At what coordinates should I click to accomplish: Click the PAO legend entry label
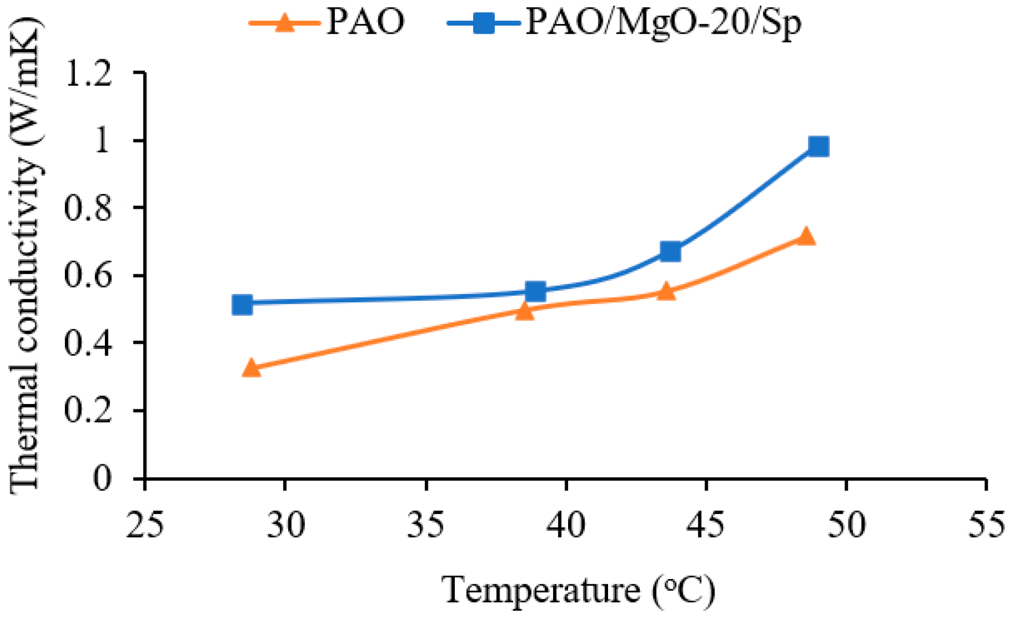(366, 23)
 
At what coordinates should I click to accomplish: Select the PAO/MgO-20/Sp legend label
(663, 23)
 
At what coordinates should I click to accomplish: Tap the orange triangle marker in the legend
(285, 23)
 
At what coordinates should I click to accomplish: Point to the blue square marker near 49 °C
(818, 146)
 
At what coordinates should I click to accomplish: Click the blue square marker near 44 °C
(670, 251)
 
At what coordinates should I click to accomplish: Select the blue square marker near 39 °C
(535, 291)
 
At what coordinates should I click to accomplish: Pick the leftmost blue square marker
(243, 304)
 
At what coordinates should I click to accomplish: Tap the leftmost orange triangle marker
(251, 368)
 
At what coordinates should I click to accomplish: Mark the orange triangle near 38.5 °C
(525, 311)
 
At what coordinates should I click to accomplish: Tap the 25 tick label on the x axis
(145, 524)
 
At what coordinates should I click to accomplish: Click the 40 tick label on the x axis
(565, 524)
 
